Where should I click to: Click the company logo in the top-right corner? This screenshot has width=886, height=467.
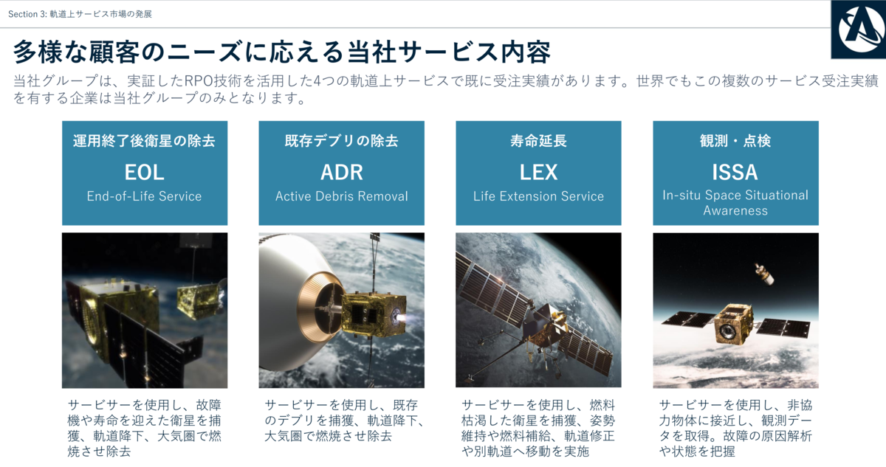pyautogui.click(x=859, y=30)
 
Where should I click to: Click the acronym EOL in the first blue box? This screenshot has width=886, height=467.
pyautogui.click(x=145, y=172)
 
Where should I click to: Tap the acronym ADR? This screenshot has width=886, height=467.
pyautogui.click(x=342, y=172)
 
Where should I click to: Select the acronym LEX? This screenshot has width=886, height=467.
pyautogui.click(x=538, y=172)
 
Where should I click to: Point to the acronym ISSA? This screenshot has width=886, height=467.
pyautogui.click(x=735, y=172)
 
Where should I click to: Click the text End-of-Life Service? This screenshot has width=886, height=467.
pyautogui.click(x=145, y=196)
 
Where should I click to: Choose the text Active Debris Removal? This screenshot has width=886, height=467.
pyautogui.click(x=342, y=196)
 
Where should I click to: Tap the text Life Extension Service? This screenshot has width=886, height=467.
pyautogui.click(x=538, y=196)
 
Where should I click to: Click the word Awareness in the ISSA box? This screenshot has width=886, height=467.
pyautogui.click(x=735, y=210)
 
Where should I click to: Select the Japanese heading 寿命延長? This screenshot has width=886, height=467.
pyautogui.click(x=538, y=141)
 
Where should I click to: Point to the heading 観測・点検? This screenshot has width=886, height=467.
pyautogui.click(x=735, y=141)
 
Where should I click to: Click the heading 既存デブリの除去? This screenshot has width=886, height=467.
pyautogui.click(x=342, y=141)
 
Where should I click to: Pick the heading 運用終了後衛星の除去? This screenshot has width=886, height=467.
pyautogui.click(x=145, y=141)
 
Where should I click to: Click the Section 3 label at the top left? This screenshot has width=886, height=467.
pyautogui.click(x=80, y=14)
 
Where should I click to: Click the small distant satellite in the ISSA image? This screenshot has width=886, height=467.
pyautogui.click(x=764, y=274)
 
